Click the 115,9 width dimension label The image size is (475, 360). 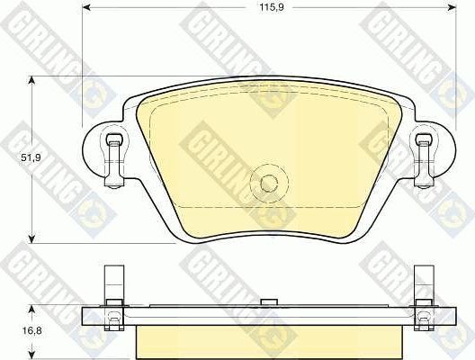pyautogui.click(x=267, y=9)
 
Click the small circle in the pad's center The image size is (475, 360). pyautogui.click(x=267, y=182)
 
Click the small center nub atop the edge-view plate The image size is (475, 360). pyautogui.click(x=267, y=302)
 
